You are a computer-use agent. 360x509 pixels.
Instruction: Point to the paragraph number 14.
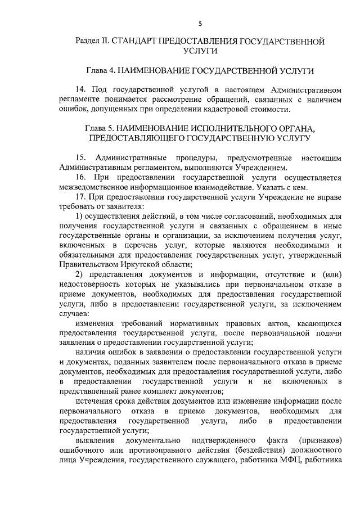click(x=80, y=90)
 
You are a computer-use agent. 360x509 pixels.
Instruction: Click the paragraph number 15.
click(x=80, y=157)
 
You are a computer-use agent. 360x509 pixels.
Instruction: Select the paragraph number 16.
click(x=80, y=177)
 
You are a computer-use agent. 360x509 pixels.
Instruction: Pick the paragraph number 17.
click(x=80, y=197)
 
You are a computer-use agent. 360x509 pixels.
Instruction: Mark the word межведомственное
click(x=91, y=187)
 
